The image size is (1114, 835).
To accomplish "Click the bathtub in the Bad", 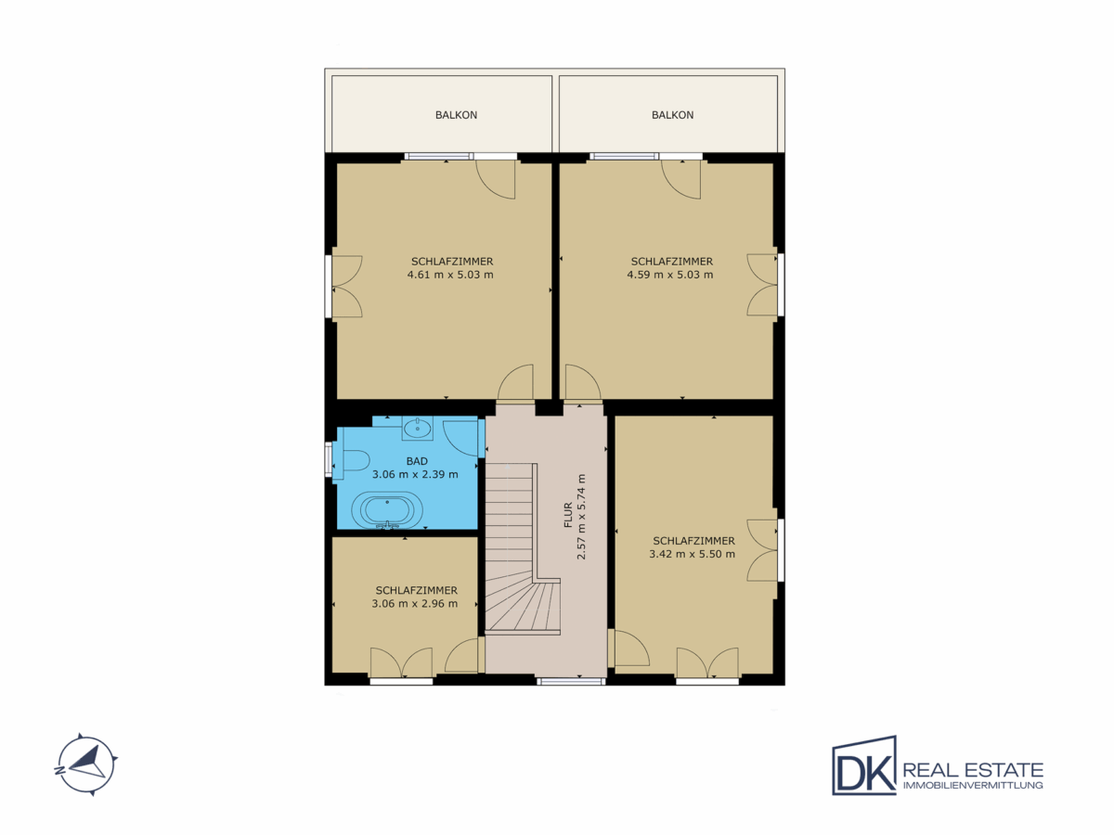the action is coord(387,510).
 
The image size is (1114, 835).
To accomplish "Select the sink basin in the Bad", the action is coord(417,428).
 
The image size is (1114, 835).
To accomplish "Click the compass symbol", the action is coord(85,764).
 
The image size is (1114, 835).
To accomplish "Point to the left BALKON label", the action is coord(456,115).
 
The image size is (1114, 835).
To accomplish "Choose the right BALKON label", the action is coord(672,115).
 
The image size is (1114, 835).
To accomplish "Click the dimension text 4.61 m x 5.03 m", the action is coord(450,275).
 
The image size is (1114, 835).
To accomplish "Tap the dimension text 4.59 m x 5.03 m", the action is coord(670,275).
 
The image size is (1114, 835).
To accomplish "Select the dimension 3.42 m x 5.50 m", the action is coord(693,554).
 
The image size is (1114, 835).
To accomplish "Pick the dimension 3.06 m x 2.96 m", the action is coord(415,604).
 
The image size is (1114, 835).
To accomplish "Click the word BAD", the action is coord(417,461).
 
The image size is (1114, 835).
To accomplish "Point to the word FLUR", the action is coord(568,515).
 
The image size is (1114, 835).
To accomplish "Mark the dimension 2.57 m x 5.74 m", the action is coord(582,517).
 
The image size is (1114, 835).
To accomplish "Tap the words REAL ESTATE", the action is coord(973,770).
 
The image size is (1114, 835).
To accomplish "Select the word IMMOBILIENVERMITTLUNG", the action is coord(973,785).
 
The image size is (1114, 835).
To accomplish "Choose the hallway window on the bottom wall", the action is coord(571,681).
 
